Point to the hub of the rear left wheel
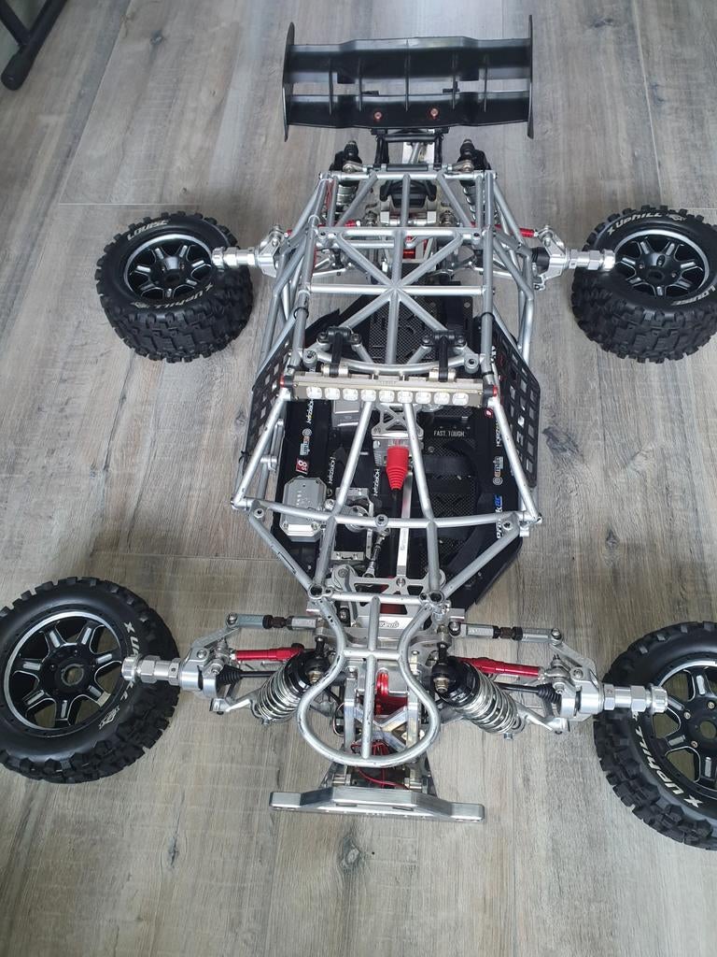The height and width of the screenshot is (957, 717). click(171, 267)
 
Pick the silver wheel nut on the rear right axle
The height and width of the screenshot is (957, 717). click(590, 260)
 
